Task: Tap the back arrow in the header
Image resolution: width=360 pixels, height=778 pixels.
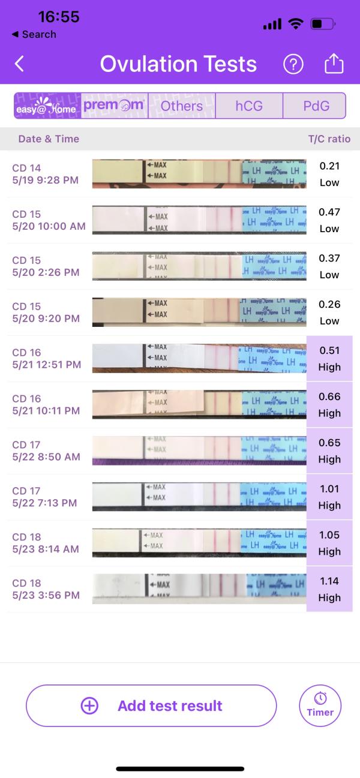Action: point(19,64)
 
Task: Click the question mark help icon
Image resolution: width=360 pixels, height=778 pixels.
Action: point(293,64)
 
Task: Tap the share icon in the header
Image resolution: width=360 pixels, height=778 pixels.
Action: point(334,64)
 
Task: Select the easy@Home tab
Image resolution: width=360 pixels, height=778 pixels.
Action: point(47,106)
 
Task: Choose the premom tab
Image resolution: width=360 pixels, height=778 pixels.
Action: point(114,106)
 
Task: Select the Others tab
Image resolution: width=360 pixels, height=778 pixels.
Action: point(181,106)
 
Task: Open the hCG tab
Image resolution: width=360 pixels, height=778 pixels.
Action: point(249,106)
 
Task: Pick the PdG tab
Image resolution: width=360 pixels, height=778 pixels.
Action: point(316,106)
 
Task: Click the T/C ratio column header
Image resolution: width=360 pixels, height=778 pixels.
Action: point(329,139)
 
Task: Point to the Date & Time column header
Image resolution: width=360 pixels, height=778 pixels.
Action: point(49,139)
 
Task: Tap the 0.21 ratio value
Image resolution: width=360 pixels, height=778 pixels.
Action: point(329,166)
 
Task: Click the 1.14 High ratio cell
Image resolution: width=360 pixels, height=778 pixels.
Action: point(329,589)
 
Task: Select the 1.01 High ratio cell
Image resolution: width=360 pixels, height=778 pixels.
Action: point(329,497)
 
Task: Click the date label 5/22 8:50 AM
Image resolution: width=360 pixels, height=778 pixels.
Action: point(46,457)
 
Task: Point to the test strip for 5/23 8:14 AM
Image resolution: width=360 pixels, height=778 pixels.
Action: point(199,543)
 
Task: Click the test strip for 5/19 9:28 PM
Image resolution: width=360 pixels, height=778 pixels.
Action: point(199,174)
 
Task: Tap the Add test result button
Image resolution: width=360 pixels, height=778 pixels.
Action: point(151,706)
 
